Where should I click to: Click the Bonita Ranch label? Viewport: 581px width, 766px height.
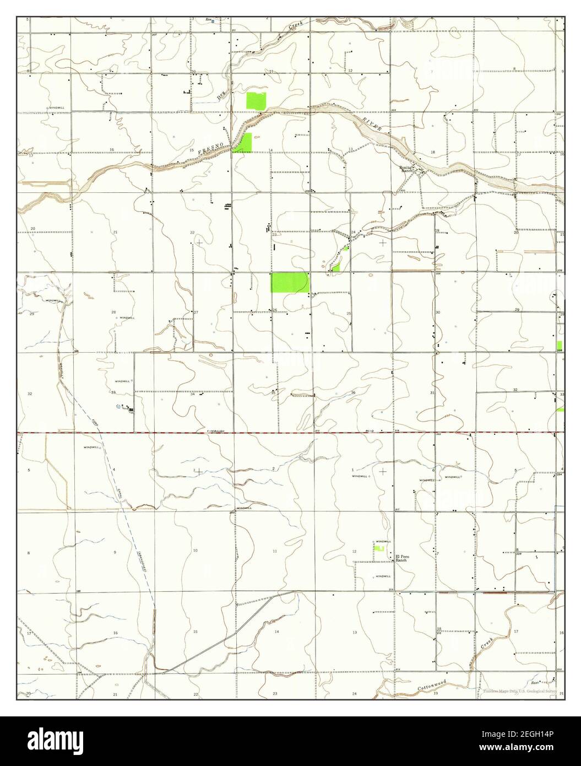pos(407,169)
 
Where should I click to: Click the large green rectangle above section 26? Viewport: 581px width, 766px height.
pos(290,282)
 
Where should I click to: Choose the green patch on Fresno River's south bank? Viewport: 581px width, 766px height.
pos(243,143)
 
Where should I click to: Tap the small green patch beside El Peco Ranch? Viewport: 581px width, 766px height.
pos(379,549)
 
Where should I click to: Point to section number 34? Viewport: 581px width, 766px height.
pos(193,394)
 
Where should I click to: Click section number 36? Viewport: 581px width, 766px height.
pos(352,392)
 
